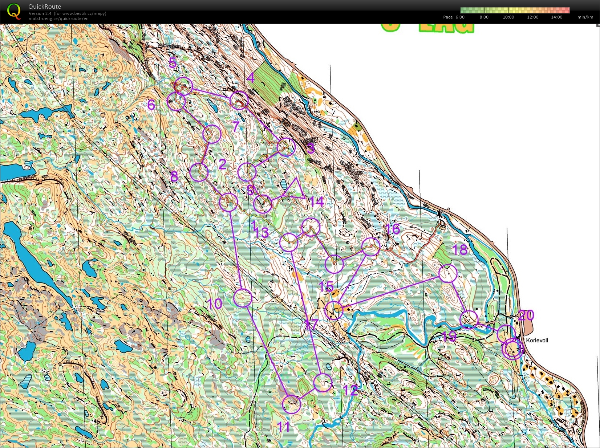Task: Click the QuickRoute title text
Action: coord(45,6)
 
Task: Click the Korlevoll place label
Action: coord(537,341)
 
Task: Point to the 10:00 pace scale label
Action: coord(508,17)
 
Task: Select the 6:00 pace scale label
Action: coord(460,17)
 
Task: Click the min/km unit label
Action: coord(585,17)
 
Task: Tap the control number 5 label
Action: coord(173,63)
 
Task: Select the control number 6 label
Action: coord(151,105)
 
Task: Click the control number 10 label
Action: coord(214,304)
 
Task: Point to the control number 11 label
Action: coord(284,427)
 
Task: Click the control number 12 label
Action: coord(350,391)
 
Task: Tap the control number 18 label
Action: coord(459,249)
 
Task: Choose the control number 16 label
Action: coord(392,229)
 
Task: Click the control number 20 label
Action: coord(526,315)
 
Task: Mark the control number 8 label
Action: coord(174,177)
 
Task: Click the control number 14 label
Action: coord(317,201)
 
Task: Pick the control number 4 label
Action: coord(250,78)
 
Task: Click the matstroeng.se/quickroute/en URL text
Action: coord(58,19)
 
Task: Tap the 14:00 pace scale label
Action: coord(556,17)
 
